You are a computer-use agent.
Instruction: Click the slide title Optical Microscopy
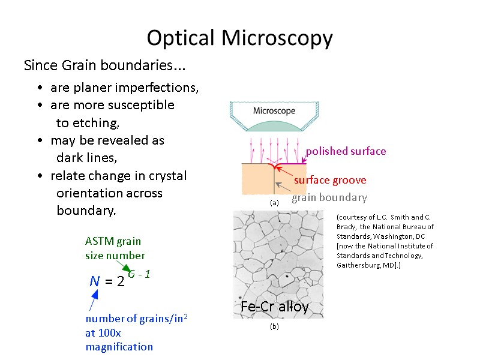click(x=239, y=38)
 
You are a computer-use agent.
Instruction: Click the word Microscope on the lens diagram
click(x=274, y=111)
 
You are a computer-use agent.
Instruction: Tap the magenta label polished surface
click(x=346, y=151)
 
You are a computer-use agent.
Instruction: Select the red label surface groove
click(x=329, y=180)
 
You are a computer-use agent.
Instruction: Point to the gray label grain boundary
click(x=329, y=197)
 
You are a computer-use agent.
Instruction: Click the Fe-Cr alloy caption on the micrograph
click(x=274, y=307)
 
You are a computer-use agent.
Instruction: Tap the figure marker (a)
click(x=274, y=203)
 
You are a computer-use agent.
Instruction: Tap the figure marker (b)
click(x=274, y=327)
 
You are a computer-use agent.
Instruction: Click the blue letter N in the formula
click(x=95, y=281)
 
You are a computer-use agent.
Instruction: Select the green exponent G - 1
click(x=139, y=274)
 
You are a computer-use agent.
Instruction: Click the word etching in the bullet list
click(x=96, y=123)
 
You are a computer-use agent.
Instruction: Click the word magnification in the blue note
click(x=119, y=347)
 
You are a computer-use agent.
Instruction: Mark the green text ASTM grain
click(x=113, y=241)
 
